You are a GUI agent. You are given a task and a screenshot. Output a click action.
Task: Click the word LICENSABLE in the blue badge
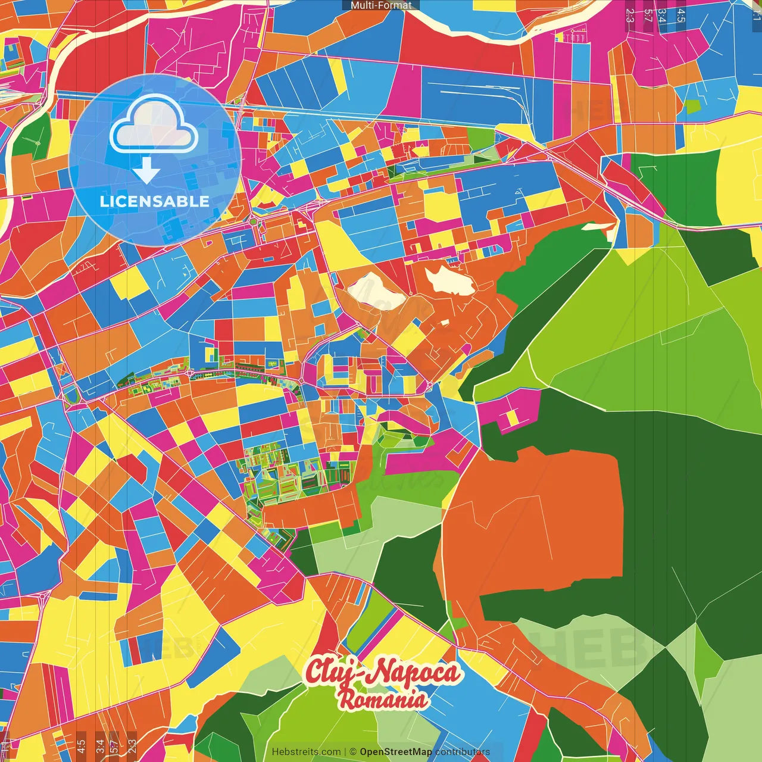point(155,201)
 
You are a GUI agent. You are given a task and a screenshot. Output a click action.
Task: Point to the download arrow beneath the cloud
point(146,172)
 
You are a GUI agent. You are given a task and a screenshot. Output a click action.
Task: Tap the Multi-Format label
point(381,5)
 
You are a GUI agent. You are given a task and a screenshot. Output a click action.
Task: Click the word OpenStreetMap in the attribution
point(396,752)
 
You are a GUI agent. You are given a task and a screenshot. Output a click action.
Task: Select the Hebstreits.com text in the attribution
point(307,752)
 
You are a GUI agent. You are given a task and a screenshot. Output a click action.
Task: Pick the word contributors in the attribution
point(463,752)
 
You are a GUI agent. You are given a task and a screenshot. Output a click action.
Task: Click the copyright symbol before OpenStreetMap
point(353,752)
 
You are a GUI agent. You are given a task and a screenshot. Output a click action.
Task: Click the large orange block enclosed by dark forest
point(536,524)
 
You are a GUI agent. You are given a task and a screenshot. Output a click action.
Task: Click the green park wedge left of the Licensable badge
point(33,137)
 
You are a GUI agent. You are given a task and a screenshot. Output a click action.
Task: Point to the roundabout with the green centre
point(253,222)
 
